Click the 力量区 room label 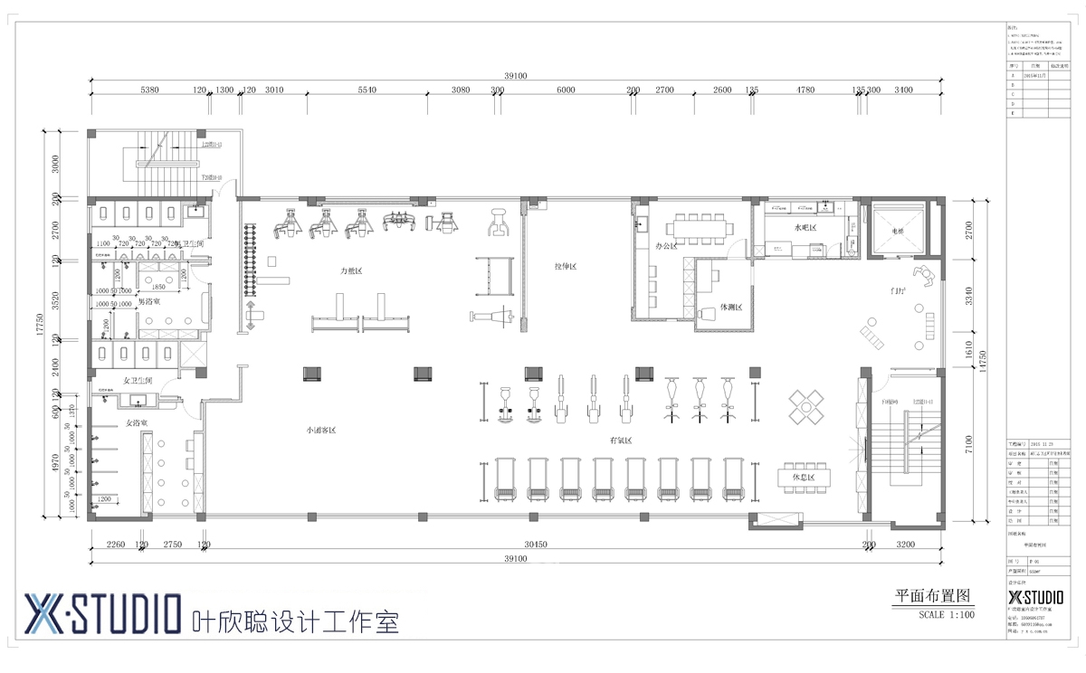351,270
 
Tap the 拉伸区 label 566,267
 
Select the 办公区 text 665,245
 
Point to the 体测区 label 730,308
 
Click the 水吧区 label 805,228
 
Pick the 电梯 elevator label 898,232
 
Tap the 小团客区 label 320,431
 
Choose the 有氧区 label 621,441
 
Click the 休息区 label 804,477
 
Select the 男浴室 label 149,300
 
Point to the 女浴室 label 136,422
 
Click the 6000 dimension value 566,90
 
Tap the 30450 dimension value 536,545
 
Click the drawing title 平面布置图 932,596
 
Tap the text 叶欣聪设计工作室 296,622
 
